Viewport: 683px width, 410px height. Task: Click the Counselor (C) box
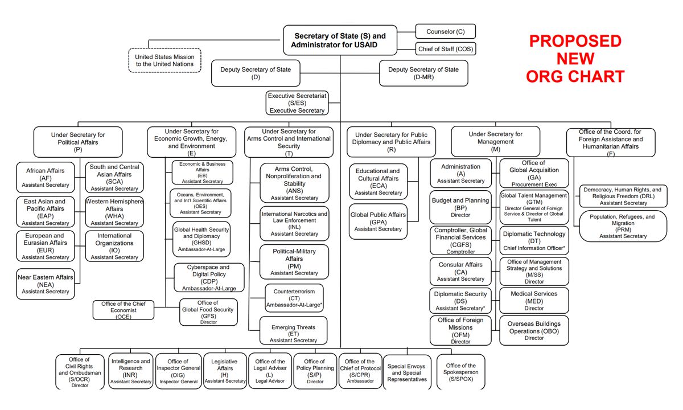click(x=445, y=31)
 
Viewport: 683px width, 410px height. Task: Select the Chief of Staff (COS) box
click(x=445, y=49)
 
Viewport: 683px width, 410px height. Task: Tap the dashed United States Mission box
click(x=164, y=60)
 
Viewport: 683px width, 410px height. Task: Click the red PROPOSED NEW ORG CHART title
click(x=575, y=59)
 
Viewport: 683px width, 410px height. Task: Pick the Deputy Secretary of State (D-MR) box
click(x=423, y=73)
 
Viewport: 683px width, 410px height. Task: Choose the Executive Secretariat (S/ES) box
click(x=297, y=103)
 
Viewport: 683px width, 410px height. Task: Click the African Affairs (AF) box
click(x=46, y=177)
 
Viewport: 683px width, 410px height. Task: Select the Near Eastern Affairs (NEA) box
click(x=46, y=284)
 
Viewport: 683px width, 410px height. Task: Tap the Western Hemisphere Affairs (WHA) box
click(x=114, y=212)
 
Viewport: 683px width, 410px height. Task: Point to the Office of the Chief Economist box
click(x=124, y=310)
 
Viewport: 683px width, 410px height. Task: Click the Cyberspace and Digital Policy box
click(x=208, y=277)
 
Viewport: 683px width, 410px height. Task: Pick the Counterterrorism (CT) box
click(x=294, y=298)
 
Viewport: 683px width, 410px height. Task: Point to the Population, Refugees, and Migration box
click(x=623, y=226)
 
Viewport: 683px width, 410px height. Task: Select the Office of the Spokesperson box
click(x=460, y=372)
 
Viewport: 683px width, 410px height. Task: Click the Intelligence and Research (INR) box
click(x=131, y=371)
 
